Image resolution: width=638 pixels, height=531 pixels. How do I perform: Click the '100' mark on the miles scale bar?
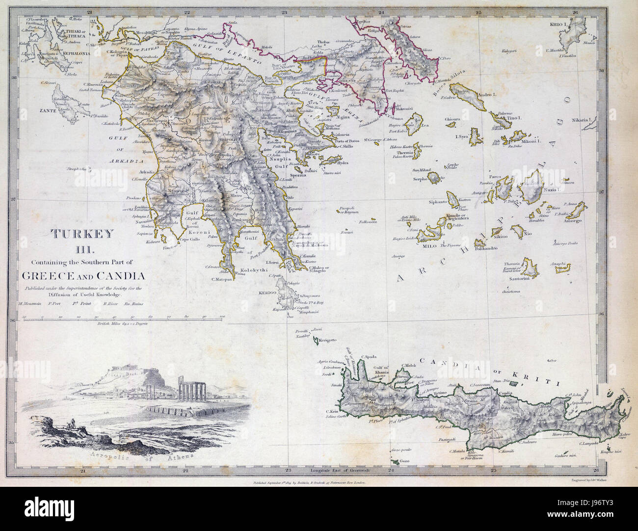point(222,318)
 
